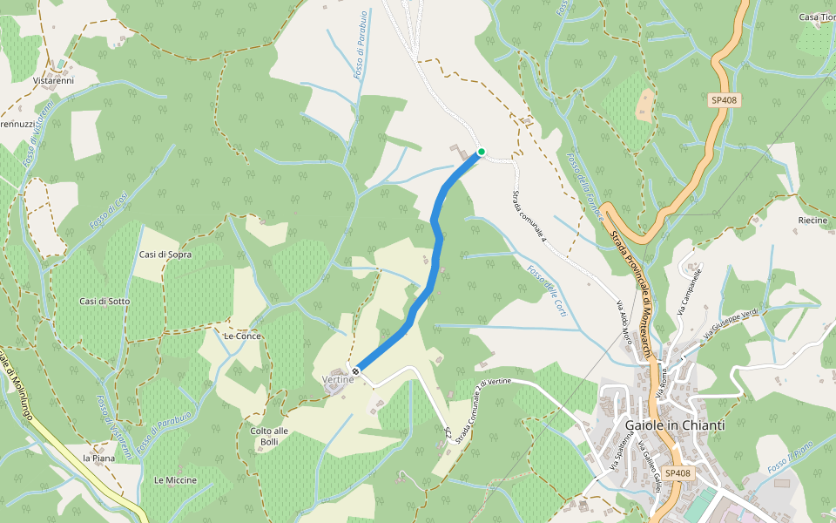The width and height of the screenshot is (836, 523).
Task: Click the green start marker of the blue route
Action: pos(481,152)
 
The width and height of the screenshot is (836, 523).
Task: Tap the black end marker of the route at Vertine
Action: pos(355,372)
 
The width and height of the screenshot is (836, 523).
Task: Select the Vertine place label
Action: pos(337,379)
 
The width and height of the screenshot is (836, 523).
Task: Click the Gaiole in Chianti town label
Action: pos(675,425)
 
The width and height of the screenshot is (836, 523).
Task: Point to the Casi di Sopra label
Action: pos(165,255)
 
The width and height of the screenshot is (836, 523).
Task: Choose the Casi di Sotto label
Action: pos(104,301)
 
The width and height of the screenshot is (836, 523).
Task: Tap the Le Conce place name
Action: pos(242,336)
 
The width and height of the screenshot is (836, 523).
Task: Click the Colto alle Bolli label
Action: pos(269,436)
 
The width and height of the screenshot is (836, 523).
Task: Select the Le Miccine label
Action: pos(175,480)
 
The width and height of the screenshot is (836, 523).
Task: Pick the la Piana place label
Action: pos(98,458)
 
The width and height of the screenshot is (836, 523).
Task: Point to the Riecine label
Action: pos(812,221)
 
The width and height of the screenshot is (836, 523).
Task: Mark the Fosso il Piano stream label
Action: pos(791,458)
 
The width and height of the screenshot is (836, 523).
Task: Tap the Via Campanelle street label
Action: pos(689,292)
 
